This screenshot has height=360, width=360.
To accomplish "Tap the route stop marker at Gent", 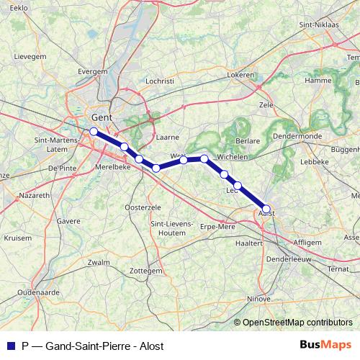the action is click(93, 131).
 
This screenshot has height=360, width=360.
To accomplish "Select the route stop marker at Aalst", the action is click(266, 208).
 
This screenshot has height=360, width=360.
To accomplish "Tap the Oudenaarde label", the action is click(37, 293).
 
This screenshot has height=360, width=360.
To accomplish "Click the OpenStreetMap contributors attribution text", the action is click(298, 323).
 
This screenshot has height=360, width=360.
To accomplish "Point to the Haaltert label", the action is click(249, 244).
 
